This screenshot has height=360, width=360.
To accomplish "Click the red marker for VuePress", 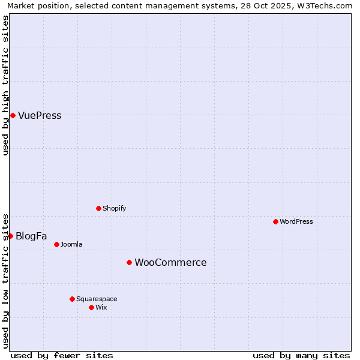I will point(13,115).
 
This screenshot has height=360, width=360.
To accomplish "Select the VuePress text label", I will point(40,116).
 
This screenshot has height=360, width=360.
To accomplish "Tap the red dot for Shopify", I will point(98,208).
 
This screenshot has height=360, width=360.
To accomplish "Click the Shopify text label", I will point(114,209).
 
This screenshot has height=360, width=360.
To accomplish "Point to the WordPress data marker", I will point(275,221).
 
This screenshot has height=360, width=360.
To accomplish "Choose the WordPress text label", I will point(296,222).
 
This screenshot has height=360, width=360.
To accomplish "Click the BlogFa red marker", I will point(10,236).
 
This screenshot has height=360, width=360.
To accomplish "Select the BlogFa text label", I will point(31,236).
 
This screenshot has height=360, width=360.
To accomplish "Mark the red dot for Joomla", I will point(56,244).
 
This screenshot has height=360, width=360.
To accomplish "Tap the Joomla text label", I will point(71,245).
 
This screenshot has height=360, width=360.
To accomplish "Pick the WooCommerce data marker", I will point(129,262).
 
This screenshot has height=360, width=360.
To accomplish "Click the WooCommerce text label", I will point(170,263).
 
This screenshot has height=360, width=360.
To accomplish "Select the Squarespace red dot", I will point(72,299).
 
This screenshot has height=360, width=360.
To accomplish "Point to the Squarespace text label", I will point(97,299).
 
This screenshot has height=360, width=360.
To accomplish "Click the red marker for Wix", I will point(91,307).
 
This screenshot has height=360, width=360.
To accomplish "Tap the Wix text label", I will point(101,308).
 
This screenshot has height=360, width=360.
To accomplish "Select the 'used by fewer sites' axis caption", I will point(62,355).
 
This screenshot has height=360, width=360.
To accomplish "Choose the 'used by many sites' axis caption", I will point(301,355).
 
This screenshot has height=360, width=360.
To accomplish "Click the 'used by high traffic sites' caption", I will point(5,85).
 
